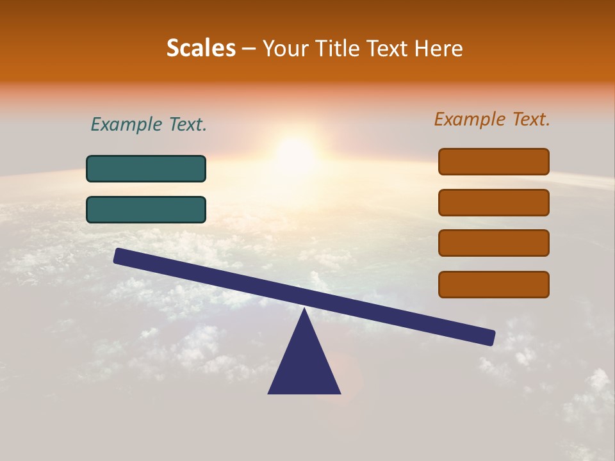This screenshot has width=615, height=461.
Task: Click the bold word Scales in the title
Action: point(201,48)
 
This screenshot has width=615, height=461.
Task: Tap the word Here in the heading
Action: point(438,48)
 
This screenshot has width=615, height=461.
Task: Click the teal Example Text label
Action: point(149,124)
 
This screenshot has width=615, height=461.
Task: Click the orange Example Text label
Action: point(492,119)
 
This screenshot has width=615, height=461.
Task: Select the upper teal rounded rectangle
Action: point(146,169)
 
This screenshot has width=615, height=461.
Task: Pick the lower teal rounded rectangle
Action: point(146,209)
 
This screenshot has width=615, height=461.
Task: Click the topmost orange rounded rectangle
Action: point(494,161)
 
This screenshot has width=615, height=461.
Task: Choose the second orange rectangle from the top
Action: point(494,202)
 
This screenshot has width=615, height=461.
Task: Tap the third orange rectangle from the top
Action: point(494,243)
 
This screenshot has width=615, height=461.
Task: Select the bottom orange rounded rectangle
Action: point(494,284)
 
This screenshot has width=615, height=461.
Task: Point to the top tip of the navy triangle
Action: point(304,310)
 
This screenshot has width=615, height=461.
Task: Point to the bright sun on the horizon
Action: point(296,154)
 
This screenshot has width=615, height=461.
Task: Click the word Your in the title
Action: point(283,48)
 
